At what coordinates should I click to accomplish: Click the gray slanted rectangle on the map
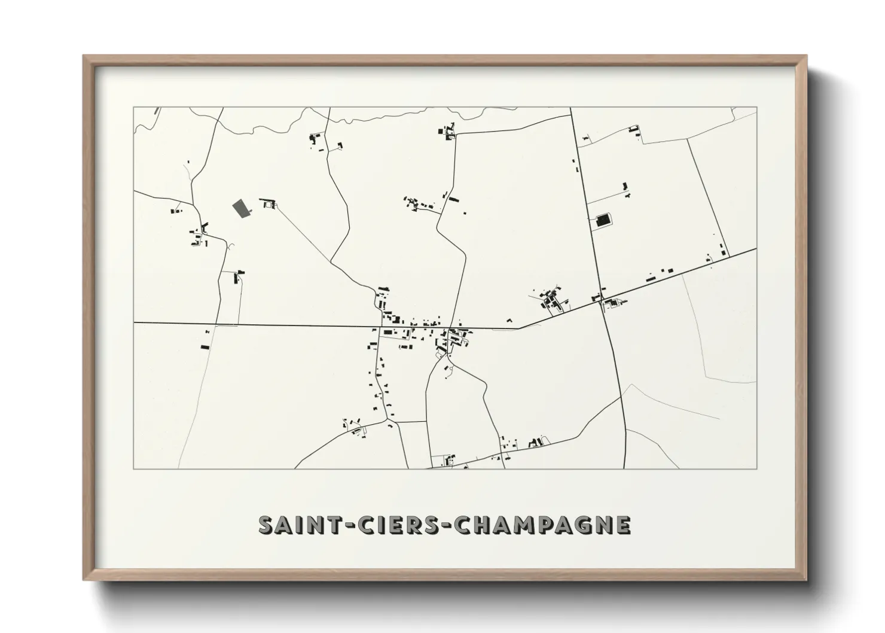coord(241,209)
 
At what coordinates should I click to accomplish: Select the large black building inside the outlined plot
coord(603,220)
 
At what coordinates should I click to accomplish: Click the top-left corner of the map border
coord(133,108)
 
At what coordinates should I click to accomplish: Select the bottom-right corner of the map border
coord(756,468)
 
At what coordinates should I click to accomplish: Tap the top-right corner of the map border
coord(756,108)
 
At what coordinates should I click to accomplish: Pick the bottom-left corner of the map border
coord(133,468)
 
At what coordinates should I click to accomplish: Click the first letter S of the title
coord(265,525)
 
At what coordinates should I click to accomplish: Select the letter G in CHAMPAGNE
coord(582,525)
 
